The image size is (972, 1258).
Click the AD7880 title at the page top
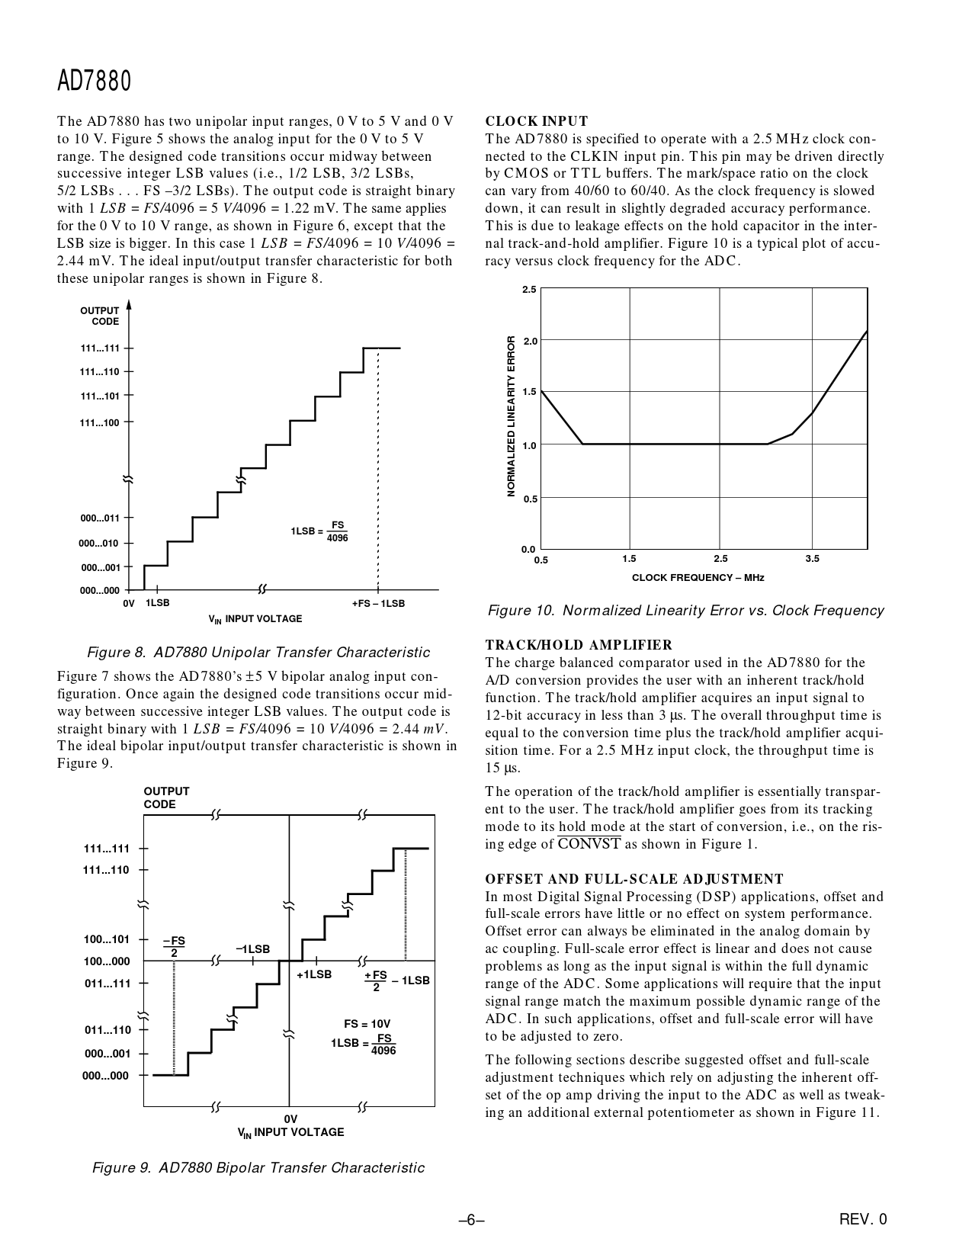[x=95, y=81]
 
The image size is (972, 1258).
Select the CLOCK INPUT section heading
[x=537, y=121]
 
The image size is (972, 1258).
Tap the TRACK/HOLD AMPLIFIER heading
[x=579, y=645]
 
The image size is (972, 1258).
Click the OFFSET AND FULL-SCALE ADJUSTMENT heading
[x=634, y=879]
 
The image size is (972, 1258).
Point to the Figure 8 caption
[x=258, y=653]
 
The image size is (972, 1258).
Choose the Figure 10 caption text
[x=685, y=611]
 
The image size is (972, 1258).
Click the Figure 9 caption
[x=258, y=1168]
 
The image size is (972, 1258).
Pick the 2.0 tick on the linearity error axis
[x=530, y=341]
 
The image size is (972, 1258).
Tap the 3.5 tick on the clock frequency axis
[x=812, y=559]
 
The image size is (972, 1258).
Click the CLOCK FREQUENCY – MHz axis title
[x=698, y=577]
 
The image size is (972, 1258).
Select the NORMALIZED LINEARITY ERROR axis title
[x=512, y=416]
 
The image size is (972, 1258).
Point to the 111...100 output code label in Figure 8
[x=100, y=422]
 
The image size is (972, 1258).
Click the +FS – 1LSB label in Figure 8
[x=378, y=604]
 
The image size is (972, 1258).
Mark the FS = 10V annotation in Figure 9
[x=367, y=1024]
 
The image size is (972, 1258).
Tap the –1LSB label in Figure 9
[x=253, y=949]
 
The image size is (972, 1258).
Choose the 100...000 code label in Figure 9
[x=107, y=961]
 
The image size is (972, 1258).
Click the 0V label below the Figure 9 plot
[x=290, y=1118]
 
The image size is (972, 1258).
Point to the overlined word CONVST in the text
[x=589, y=844]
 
